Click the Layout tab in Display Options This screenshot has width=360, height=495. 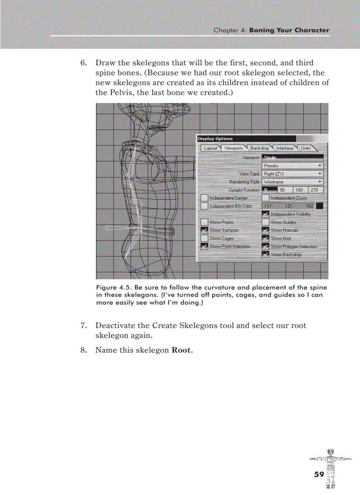(x=210, y=148)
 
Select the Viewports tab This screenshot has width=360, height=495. (x=233, y=148)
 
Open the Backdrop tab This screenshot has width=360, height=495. (x=259, y=148)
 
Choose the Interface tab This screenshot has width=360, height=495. (x=285, y=148)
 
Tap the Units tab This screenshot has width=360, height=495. (x=306, y=148)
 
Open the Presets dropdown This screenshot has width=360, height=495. (x=292, y=166)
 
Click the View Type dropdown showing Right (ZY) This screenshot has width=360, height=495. (x=292, y=174)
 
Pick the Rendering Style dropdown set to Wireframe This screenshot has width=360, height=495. (x=292, y=182)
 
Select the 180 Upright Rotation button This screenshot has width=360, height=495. (x=299, y=190)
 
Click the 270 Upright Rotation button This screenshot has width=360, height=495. (x=314, y=190)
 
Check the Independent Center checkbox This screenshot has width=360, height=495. (x=204, y=198)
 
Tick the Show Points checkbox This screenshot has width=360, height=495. (x=204, y=222)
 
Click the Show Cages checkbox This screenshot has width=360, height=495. (x=204, y=238)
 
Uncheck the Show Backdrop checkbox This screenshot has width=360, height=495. (x=266, y=255)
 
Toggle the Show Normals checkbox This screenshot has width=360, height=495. (x=266, y=231)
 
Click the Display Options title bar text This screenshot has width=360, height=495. (x=215, y=139)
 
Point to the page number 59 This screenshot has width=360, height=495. (x=319, y=474)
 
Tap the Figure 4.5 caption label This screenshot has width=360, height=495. (x=112, y=287)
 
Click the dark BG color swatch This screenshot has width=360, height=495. (x=319, y=206)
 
